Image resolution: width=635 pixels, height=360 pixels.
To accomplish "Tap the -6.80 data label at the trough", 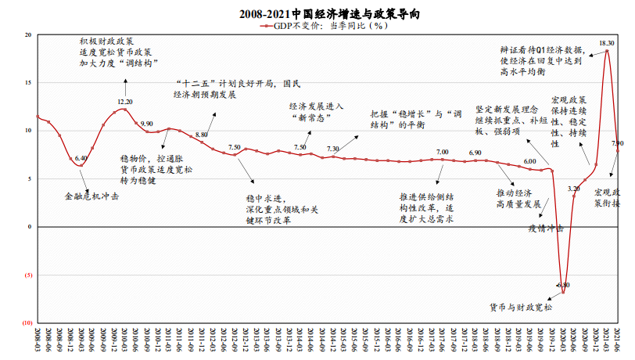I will click(x=562, y=286).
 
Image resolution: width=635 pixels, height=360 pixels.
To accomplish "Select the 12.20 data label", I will click(x=125, y=102).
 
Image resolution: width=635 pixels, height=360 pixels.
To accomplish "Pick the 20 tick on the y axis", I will click(x=28, y=35).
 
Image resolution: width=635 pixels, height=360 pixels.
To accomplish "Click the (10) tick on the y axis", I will click(x=27, y=322).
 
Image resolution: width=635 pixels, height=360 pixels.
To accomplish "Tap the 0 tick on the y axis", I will click(x=30, y=227).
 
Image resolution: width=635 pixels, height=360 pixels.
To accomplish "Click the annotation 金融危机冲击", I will click(x=91, y=196).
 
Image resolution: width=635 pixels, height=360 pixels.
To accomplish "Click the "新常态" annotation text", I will click(x=311, y=117).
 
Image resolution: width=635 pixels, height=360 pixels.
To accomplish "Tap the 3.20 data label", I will click(x=573, y=189).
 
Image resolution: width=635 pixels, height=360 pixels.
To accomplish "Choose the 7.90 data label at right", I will click(x=617, y=144).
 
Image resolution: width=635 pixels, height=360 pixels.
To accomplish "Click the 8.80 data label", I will click(x=202, y=135).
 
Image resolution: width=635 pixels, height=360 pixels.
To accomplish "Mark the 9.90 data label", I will click(x=146, y=124).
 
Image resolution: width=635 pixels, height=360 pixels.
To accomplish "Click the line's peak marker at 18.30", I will click(x=607, y=52).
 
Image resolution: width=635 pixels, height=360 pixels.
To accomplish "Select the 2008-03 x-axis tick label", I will click(x=37, y=340).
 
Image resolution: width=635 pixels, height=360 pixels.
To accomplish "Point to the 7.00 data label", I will click(x=442, y=152).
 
